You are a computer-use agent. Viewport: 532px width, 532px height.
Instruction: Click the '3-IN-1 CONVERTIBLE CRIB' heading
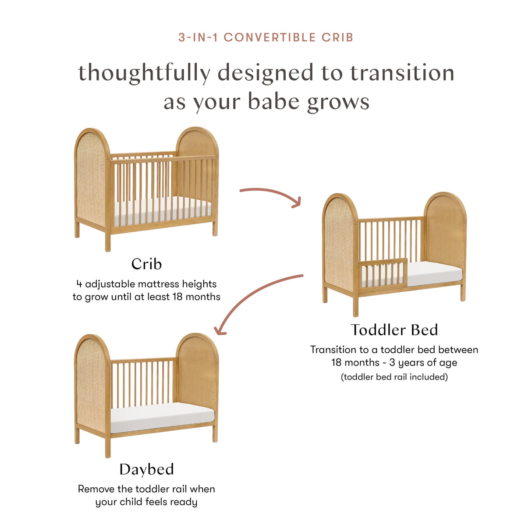(266, 37)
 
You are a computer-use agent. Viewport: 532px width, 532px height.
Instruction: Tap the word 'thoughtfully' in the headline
(144, 73)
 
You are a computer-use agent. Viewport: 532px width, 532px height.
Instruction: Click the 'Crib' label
(146, 264)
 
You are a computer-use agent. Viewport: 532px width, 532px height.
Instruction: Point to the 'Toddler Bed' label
(394, 330)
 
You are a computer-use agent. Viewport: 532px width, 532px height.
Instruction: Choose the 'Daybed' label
(146, 469)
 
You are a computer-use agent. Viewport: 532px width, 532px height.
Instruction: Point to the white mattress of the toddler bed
(434, 274)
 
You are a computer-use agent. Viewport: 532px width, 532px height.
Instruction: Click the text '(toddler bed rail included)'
(394, 377)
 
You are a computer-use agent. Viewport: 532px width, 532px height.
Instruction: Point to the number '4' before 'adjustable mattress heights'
(79, 284)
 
